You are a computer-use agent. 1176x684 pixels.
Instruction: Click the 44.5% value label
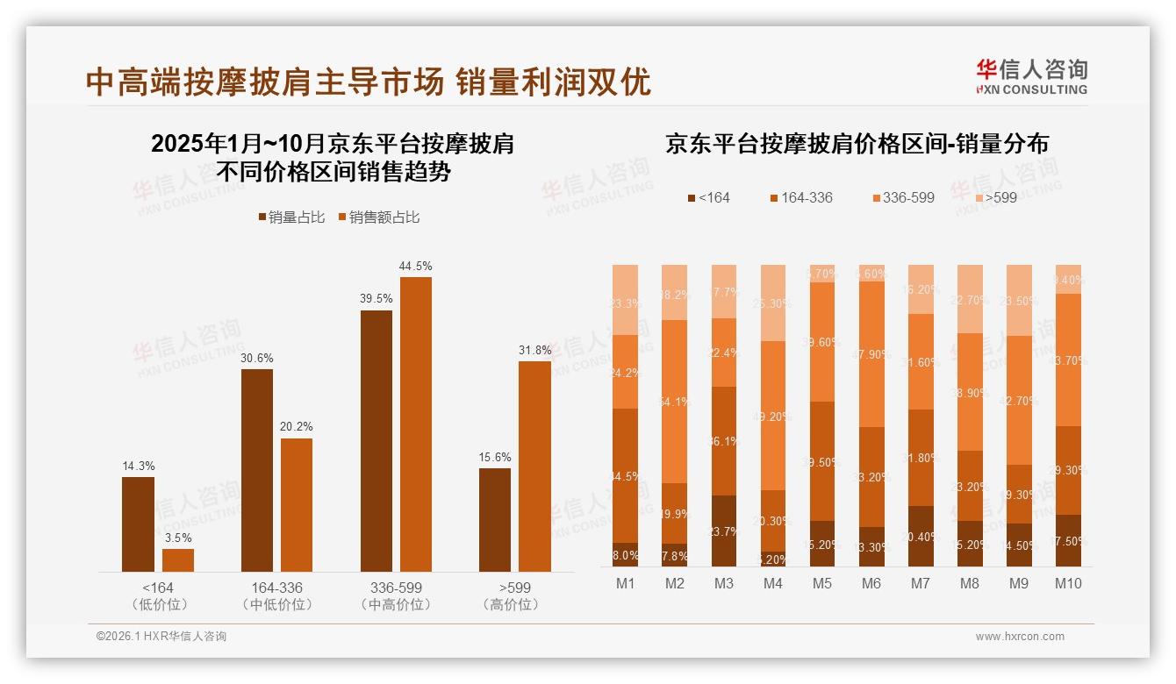click(x=415, y=266)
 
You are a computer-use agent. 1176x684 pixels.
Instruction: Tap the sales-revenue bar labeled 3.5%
click(x=178, y=560)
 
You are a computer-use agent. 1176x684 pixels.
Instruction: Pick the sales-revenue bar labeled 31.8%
click(x=534, y=466)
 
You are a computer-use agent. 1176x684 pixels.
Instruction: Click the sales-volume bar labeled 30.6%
click(x=257, y=470)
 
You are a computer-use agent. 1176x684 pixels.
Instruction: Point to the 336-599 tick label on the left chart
click(x=396, y=588)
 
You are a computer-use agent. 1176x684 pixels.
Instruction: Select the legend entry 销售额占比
click(x=378, y=217)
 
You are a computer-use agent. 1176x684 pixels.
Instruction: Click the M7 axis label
click(x=920, y=583)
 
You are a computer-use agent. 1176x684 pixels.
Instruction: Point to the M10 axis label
click(x=1068, y=583)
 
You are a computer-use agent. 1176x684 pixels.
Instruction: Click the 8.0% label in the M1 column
click(x=626, y=555)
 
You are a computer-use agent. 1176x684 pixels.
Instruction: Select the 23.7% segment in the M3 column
click(x=724, y=531)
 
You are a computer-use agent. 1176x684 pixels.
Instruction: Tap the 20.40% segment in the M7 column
click(x=921, y=537)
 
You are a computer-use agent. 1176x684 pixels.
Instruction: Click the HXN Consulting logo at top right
click(x=1031, y=76)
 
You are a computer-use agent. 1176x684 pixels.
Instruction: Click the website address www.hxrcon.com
click(x=1020, y=637)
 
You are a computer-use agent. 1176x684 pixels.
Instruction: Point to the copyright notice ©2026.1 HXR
click(x=161, y=637)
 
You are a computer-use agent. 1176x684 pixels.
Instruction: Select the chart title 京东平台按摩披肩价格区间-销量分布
click(x=857, y=145)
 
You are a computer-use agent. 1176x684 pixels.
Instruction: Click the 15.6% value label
click(x=495, y=457)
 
